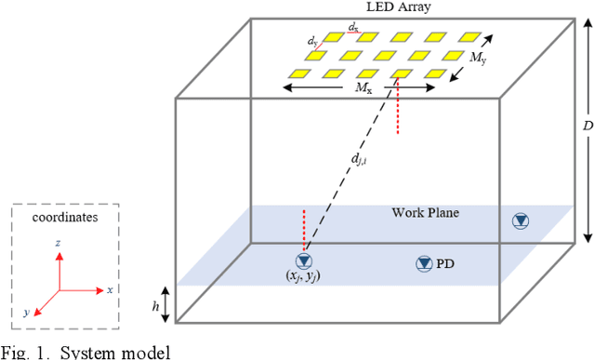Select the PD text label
coord(447,264)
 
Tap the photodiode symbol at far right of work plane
coord(521,220)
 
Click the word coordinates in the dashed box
coord(65,217)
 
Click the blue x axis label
coord(110,290)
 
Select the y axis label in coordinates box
coord(27,312)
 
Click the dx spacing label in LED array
coord(354,30)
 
